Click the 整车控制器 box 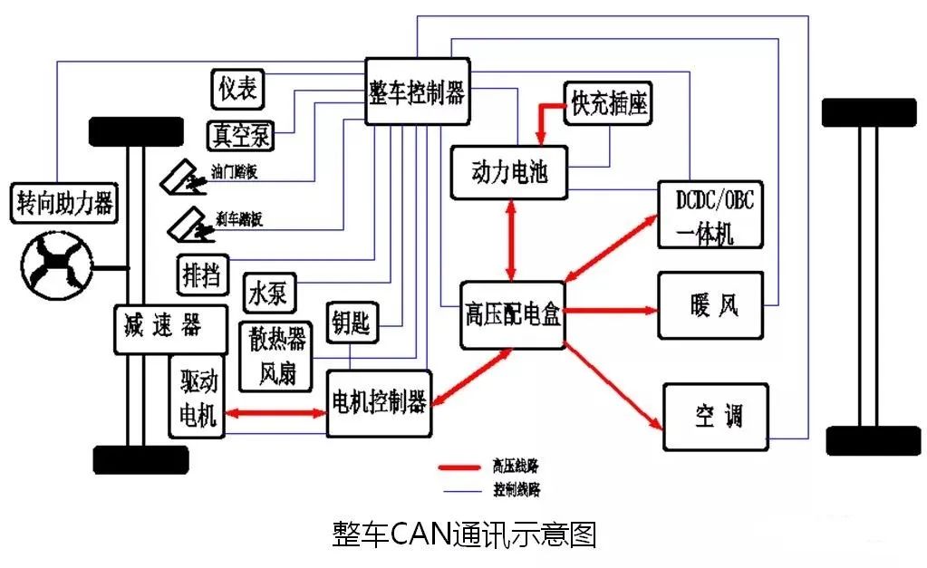pos(418,91)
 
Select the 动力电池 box pos(509,172)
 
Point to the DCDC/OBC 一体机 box pos(710,216)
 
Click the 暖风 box pos(710,305)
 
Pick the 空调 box pos(716,417)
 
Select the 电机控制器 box pos(379,403)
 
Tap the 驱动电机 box pos(197,397)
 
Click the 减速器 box pos(170,326)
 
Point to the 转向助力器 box pos(64,204)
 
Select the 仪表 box pos(238,88)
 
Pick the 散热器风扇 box pos(277,354)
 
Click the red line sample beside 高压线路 pos(461,467)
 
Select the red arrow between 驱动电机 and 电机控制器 pos(275,413)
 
